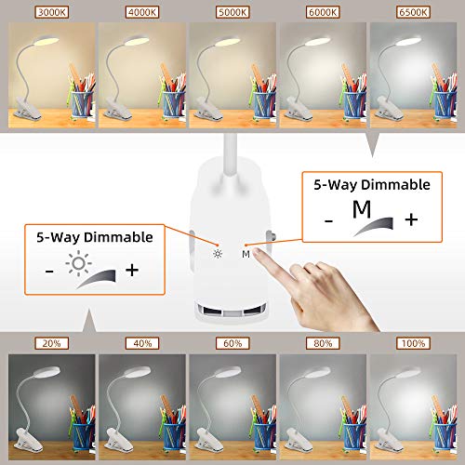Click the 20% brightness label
pos(49,343)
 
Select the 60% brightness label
pos(232,343)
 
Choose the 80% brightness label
pos(323,343)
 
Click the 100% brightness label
pos(413,343)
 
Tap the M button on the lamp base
pos(246,254)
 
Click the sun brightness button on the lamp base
pos(217,253)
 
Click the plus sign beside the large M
pos(411,219)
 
